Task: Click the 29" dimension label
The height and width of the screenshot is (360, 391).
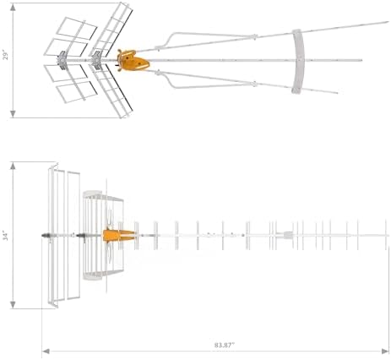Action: point(6,56)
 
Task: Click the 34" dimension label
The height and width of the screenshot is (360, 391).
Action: point(6,236)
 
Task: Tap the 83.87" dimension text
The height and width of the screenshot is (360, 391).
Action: point(225,345)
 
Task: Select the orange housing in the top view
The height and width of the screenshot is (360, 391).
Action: point(133,60)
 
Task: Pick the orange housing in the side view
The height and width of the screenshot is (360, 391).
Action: point(118,236)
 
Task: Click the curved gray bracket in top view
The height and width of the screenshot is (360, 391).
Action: point(299,61)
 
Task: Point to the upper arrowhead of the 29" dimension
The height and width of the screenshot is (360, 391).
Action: point(13,7)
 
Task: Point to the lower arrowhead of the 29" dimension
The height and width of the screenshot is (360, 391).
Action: point(13,114)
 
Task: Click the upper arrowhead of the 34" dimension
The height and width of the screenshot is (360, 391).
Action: point(13,166)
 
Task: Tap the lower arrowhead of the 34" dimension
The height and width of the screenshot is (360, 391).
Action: point(13,305)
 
